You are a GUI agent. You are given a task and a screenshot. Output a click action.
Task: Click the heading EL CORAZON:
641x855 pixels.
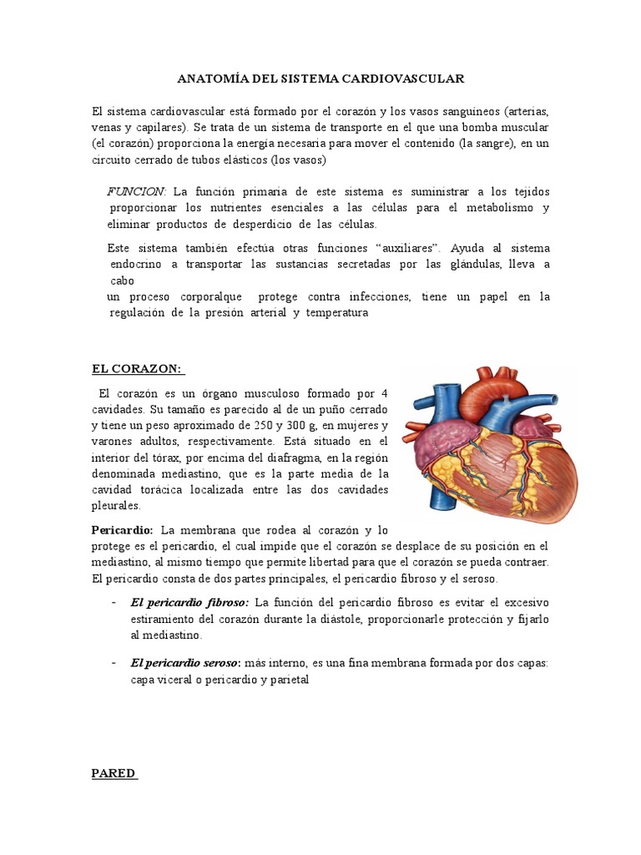click(x=138, y=370)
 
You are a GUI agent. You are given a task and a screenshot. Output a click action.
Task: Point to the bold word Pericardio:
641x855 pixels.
click(x=122, y=530)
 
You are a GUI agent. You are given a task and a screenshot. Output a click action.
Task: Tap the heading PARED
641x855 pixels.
click(x=114, y=773)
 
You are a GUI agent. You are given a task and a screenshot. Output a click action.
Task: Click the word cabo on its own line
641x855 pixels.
click(x=122, y=281)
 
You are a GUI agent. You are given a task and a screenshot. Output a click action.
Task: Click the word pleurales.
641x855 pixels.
click(x=116, y=506)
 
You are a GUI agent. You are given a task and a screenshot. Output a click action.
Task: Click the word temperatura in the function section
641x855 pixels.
click(x=336, y=313)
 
